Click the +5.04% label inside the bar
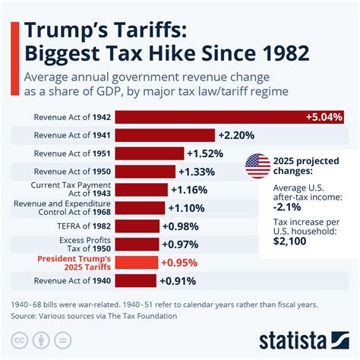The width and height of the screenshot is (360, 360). tap(324, 117)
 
